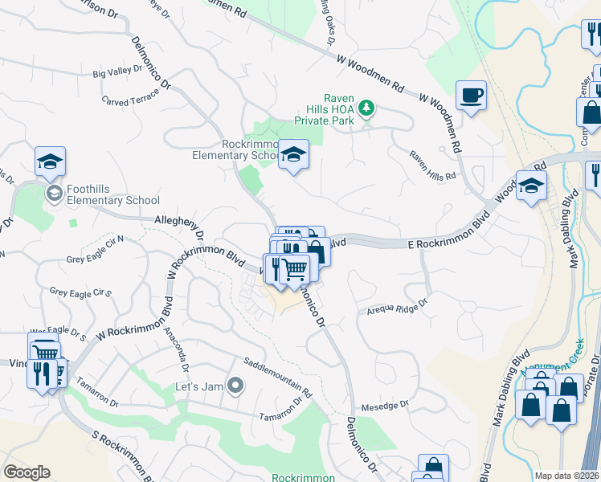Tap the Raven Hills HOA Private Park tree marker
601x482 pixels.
366,107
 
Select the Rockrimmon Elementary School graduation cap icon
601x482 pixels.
293,153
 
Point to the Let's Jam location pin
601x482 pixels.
235,386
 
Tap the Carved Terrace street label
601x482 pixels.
131,96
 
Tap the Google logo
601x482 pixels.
27,473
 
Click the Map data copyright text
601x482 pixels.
566,476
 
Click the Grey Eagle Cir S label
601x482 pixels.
80,292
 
